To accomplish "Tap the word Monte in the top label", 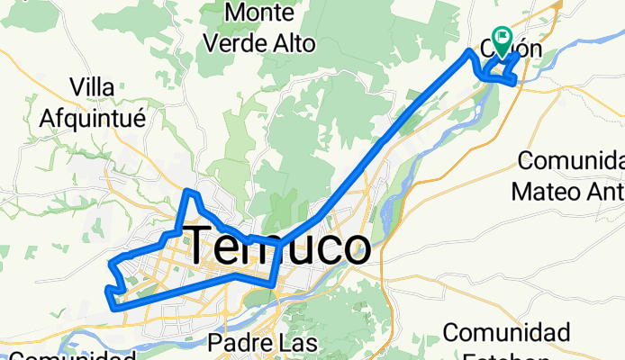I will [263, 13].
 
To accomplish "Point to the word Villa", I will [99, 87].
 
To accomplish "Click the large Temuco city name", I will [277, 245].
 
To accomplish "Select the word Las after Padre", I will [299, 343].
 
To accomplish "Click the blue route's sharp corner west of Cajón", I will [468, 53].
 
